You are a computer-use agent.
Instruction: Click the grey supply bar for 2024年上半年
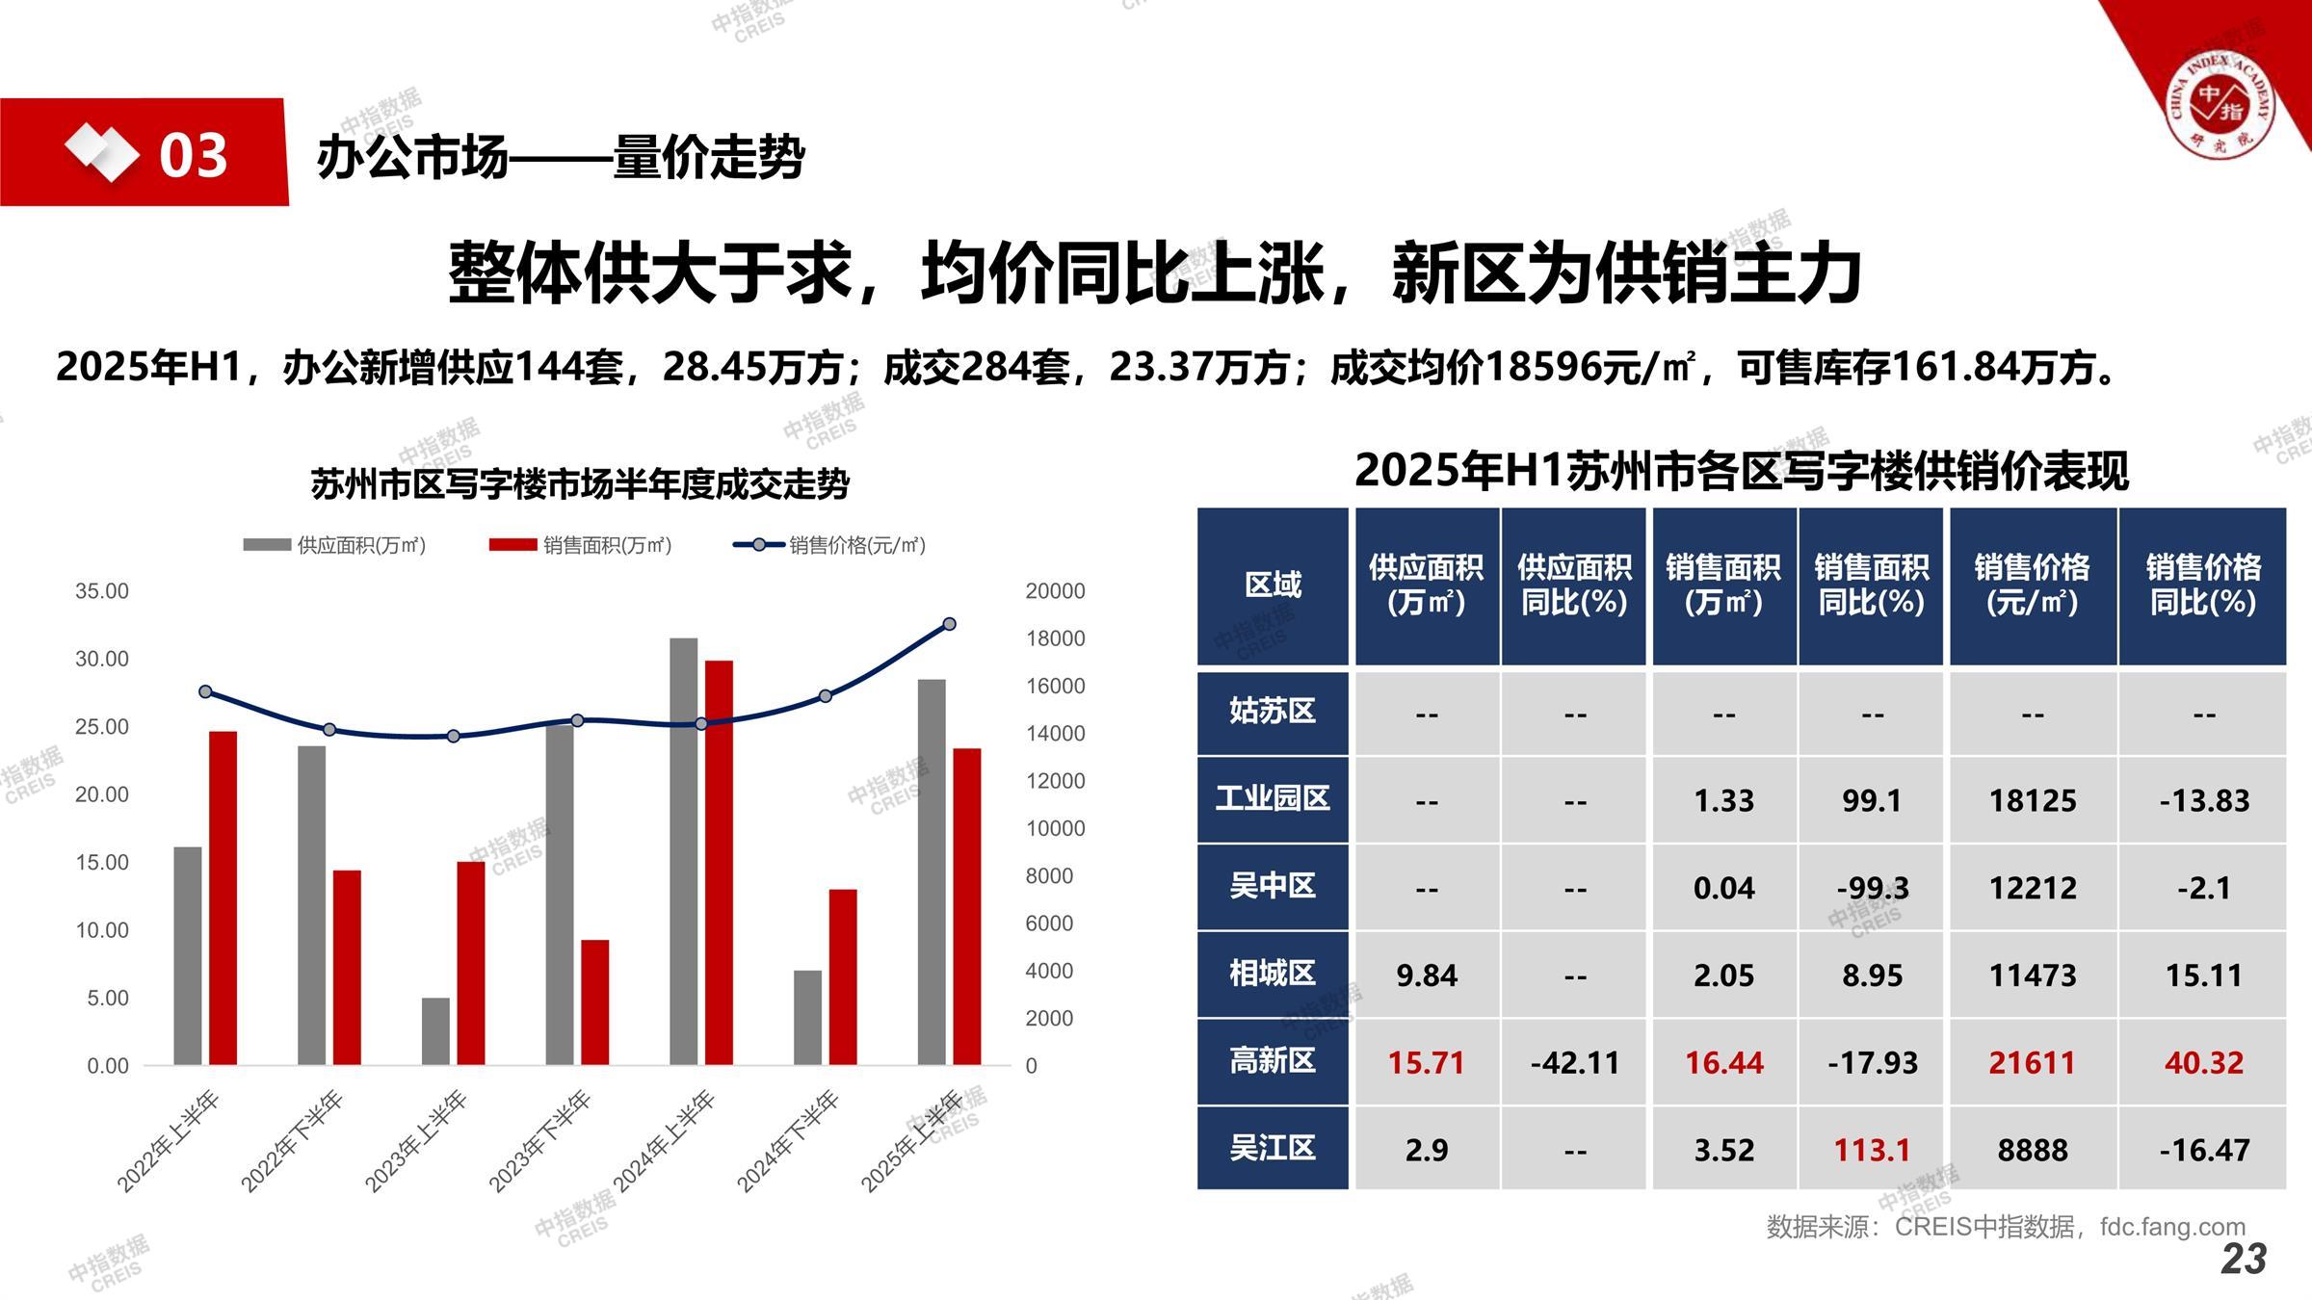(x=683, y=851)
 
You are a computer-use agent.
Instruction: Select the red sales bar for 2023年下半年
(x=594, y=1002)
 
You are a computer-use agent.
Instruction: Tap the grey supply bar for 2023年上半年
(x=435, y=1031)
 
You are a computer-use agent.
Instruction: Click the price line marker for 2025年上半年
(x=949, y=624)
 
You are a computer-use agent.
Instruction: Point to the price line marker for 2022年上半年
(x=205, y=691)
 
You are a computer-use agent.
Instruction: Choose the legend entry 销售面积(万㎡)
(x=580, y=545)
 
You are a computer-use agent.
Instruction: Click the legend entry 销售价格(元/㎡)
(x=830, y=545)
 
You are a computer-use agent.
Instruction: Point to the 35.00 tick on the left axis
(x=102, y=591)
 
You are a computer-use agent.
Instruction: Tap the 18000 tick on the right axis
(x=1055, y=638)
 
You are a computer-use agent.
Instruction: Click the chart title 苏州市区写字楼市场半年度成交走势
(x=580, y=483)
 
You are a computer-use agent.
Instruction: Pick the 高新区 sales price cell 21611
(x=2033, y=1062)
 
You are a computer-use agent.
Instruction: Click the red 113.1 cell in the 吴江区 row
(x=1871, y=1150)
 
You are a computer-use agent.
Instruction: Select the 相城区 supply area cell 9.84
(x=1427, y=975)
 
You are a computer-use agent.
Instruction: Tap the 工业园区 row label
(x=1272, y=798)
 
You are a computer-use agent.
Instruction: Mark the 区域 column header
(x=1272, y=585)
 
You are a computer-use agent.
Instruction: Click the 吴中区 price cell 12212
(x=2033, y=888)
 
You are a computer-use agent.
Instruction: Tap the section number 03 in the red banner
(x=193, y=156)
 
